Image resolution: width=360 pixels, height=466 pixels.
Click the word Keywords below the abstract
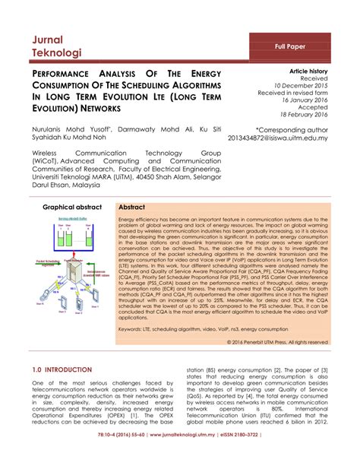pos(134,330)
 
